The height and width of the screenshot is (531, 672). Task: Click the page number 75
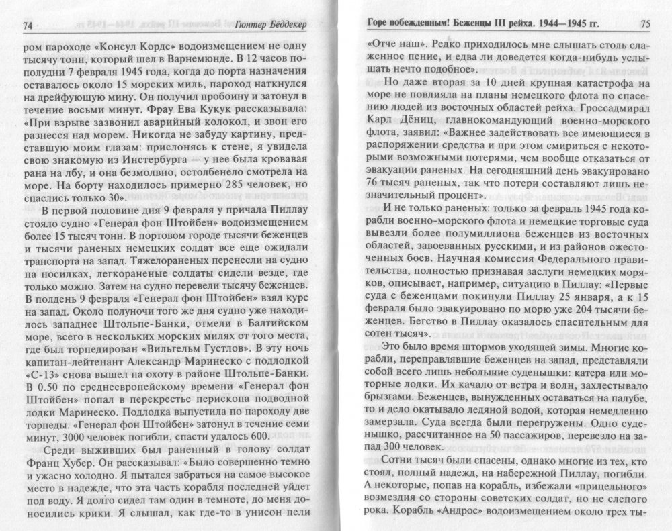[644, 24]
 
